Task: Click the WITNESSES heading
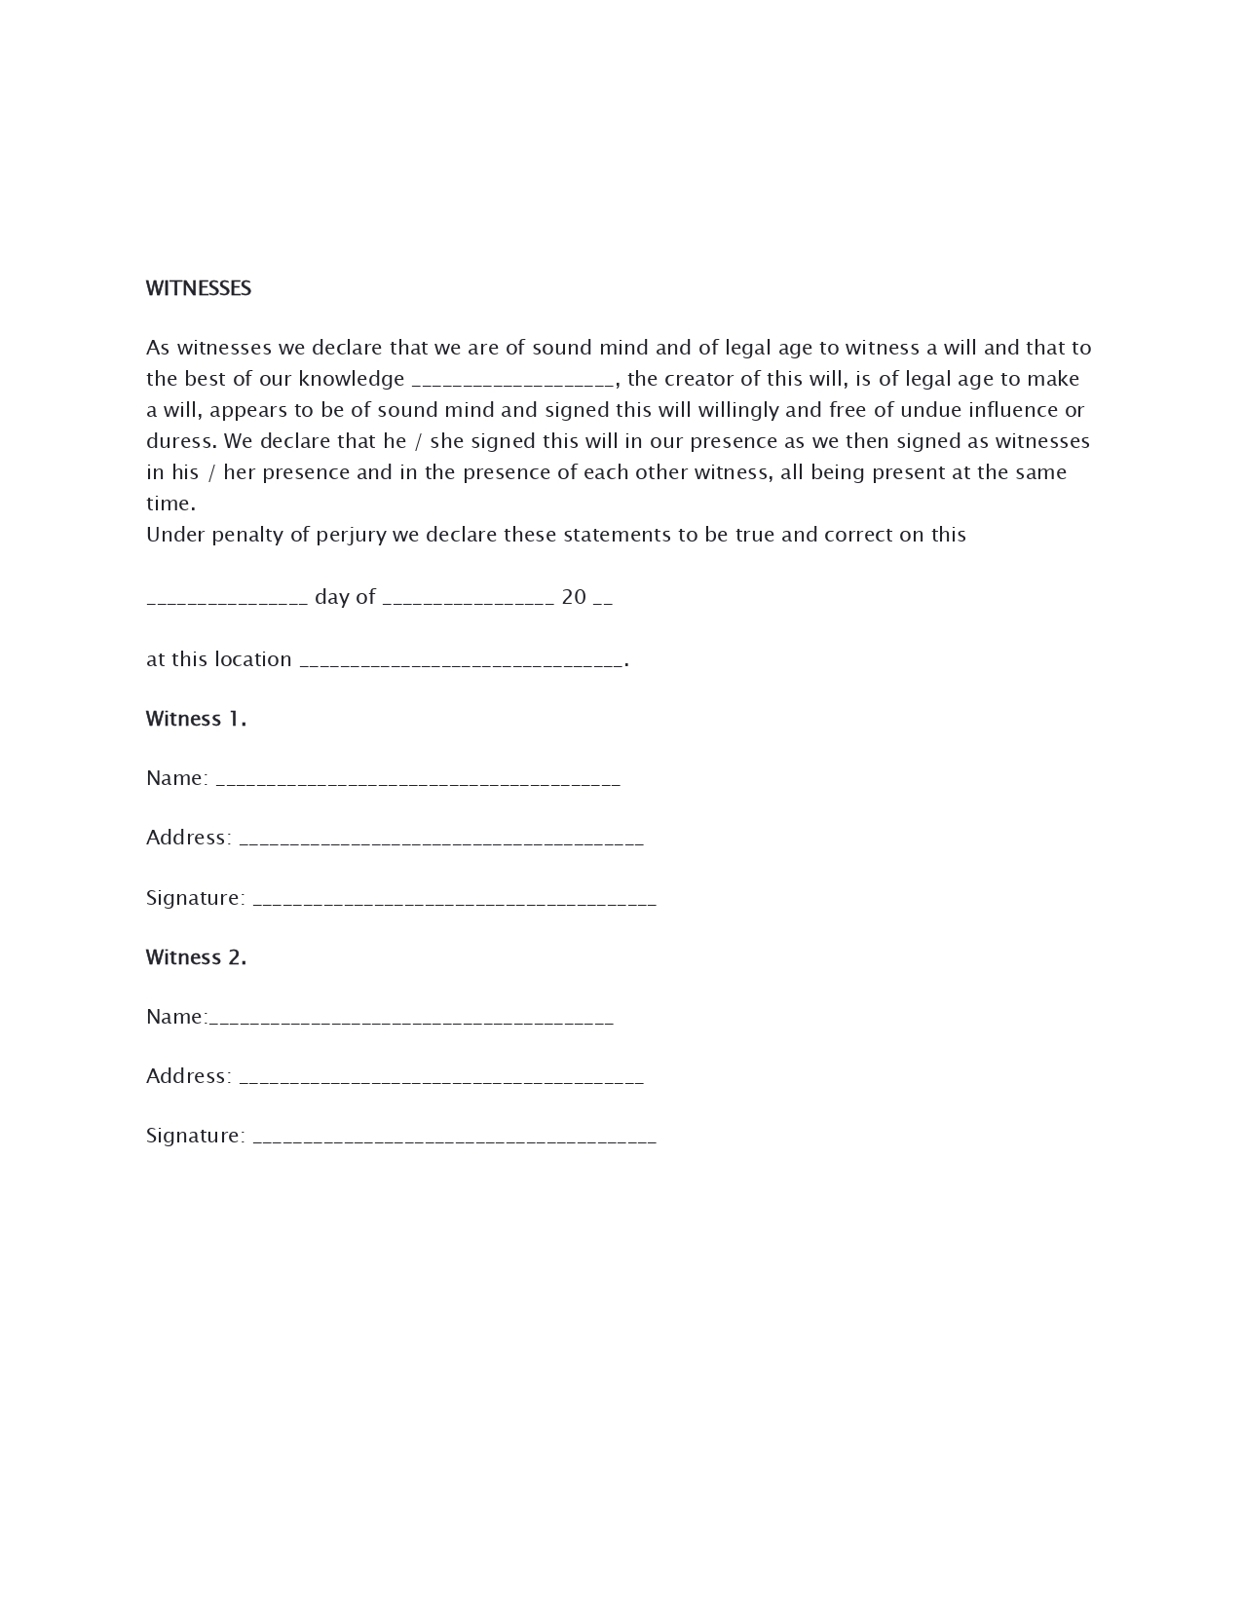199,288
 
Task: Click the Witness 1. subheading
196,719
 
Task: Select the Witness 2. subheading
196,957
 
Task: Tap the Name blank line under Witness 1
417,782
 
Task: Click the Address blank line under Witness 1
440,841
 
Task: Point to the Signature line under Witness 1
454,902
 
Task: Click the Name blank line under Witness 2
411,1021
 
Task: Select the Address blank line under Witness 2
440,1080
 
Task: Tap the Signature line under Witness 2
454,1140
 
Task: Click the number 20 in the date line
574,597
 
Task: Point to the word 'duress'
179,441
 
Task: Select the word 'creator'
697,379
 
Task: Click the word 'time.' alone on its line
170,504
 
